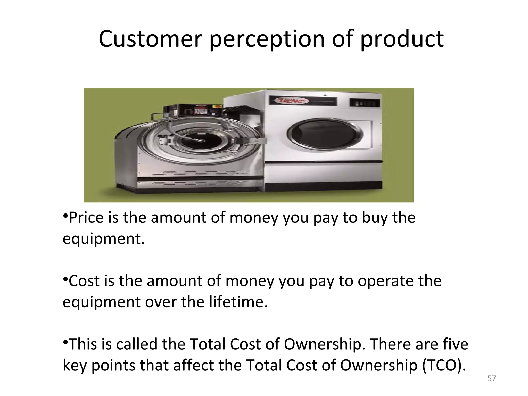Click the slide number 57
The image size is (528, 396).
[x=492, y=378]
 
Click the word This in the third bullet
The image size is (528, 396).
[x=84, y=344]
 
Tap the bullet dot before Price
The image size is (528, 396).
[x=65, y=215]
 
